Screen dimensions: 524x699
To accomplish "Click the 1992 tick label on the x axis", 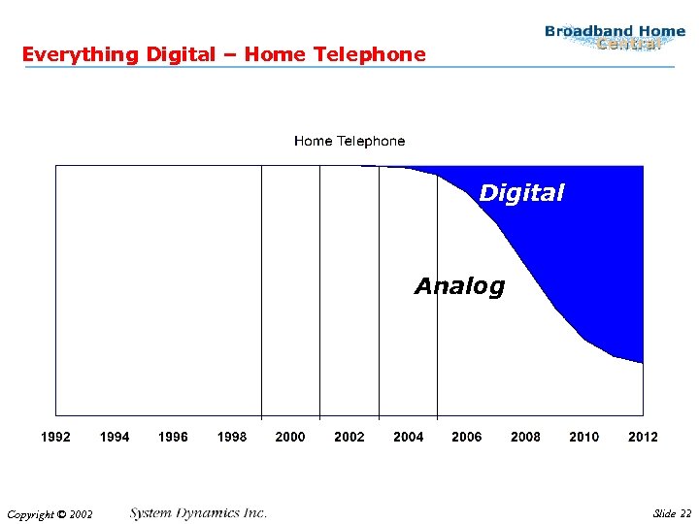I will tap(55, 437).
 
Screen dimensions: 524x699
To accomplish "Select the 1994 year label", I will tap(115, 437).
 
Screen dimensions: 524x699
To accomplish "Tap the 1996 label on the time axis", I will tap(173, 437).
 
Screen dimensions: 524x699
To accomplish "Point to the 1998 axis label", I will tap(232, 437).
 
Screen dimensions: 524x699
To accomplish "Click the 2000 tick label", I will tap(290, 437).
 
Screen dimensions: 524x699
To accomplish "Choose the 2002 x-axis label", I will tap(349, 437).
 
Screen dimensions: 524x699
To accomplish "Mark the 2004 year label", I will tap(408, 437).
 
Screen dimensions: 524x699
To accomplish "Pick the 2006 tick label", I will tap(467, 437).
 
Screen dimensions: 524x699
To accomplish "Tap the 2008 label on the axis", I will tap(525, 437).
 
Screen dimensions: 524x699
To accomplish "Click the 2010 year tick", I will tap(584, 437).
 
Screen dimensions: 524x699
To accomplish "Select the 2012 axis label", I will tap(643, 437).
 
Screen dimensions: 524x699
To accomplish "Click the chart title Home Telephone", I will tap(349, 141).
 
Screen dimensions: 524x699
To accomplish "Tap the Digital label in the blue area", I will tap(521, 193).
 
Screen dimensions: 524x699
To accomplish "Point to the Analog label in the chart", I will tap(459, 286).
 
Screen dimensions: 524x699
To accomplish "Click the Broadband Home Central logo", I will tap(615, 38).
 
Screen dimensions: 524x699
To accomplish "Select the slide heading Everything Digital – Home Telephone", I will tap(223, 54).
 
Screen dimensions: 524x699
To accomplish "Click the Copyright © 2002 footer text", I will tap(49, 514).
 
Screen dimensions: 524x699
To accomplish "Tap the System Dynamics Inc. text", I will tap(198, 512).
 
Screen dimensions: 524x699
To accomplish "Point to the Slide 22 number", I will tap(672, 513).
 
